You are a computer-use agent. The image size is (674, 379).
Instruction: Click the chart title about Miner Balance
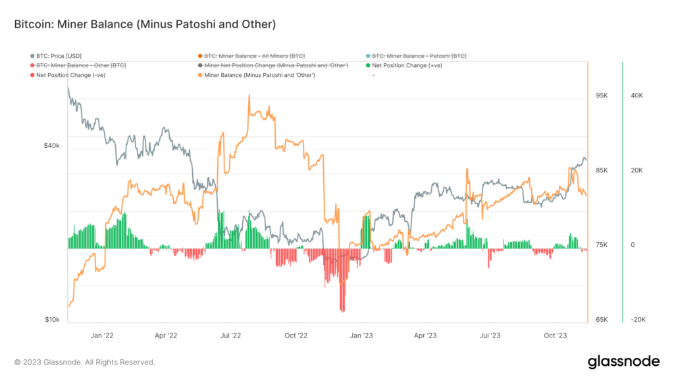click(x=143, y=24)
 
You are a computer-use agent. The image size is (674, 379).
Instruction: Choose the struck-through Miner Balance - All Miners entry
click(x=254, y=56)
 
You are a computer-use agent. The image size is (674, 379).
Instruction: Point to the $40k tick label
click(x=51, y=146)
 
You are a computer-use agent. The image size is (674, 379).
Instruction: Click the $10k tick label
click(x=52, y=320)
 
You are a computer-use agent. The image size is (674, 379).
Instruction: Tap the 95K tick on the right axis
click(x=602, y=95)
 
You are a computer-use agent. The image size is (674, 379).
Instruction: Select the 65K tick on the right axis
click(x=602, y=320)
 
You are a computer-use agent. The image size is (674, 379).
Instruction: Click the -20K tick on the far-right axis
click(x=637, y=320)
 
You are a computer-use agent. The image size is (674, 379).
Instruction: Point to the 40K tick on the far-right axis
click(x=636, y=95)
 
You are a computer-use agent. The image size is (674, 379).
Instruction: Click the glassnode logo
click(x=623, y=361)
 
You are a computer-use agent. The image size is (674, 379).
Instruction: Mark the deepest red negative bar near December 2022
click(x=342, y=309)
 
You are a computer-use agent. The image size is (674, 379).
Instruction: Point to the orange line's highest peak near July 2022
click(x=249, y=96)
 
